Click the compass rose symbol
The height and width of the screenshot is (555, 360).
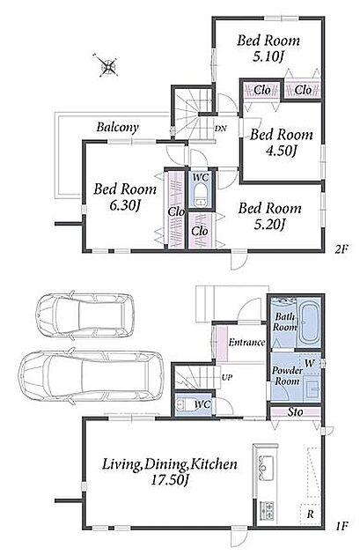tap(107, 65)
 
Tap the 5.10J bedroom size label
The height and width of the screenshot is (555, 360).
tap(268, 56)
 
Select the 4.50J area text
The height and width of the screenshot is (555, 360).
tap(281, 151)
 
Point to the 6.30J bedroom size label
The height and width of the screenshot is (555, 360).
tap(124, 205)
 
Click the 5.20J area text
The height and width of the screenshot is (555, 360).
tap(269, 224)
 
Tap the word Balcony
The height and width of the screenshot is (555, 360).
tap(117, 127)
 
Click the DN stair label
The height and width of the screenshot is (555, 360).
tap(221, 129)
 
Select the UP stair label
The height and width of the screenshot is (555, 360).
tap(227, 377)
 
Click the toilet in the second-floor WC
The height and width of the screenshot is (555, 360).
tap(202, 194)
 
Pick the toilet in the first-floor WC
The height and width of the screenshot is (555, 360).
tap(183, 403)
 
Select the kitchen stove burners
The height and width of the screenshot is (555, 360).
tap(267, 510)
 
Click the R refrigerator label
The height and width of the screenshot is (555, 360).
tap(310, 514)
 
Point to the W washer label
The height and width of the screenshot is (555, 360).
tap(310, 363)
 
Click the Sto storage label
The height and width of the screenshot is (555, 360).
tap(295, 411)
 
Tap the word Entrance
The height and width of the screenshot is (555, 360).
tap(246, 343)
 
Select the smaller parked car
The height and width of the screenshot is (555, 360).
tap(84, 314)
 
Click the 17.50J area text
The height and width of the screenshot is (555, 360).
tap(169, 480)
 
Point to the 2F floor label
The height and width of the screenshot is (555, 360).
tap(342, 248)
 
